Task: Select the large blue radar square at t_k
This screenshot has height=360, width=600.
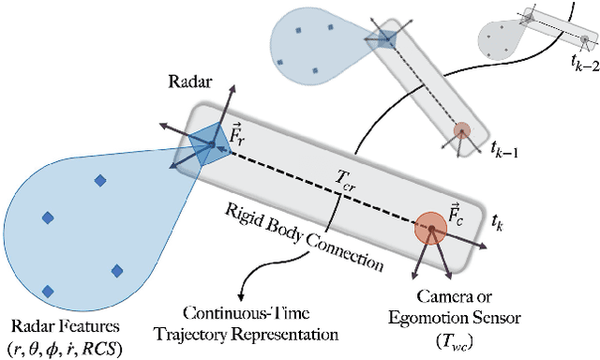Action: [203, 144]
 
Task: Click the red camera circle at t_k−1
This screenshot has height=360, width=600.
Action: [461, 131]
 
